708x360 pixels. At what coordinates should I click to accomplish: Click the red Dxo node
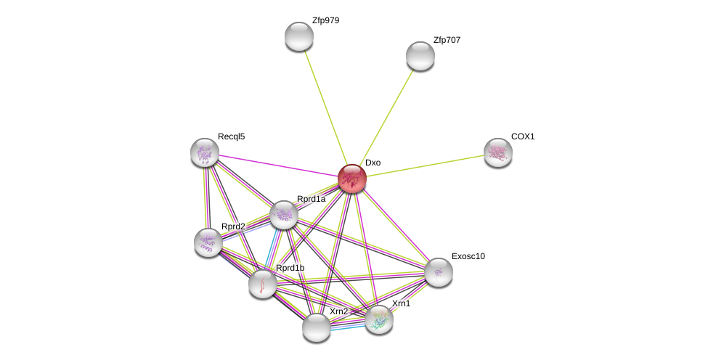(352, 179)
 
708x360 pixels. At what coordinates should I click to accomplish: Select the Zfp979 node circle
(298, 36)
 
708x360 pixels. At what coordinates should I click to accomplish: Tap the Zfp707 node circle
(420, 56)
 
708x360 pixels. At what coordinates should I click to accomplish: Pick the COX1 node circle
(498, 152)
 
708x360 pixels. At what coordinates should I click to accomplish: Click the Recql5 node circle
(205, 152)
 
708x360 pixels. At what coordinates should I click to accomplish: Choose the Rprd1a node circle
(284, 215)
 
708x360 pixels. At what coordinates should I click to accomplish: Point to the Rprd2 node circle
(208, 242)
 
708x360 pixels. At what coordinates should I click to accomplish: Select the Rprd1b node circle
(263, 283)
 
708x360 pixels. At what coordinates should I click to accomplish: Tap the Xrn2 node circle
(317, 327)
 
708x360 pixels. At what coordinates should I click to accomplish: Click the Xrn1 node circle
(379, 319)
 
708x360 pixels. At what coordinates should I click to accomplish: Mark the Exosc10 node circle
(439, 272)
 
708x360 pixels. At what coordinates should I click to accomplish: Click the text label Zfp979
(325, 20)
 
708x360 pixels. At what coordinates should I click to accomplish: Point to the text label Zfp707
(447, 40)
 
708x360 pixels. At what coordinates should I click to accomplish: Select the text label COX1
(523, 136)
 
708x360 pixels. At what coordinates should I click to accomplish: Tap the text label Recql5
(231, 136)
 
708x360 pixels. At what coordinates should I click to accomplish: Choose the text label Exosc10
(468, 256)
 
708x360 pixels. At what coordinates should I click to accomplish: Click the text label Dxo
(373, 163)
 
